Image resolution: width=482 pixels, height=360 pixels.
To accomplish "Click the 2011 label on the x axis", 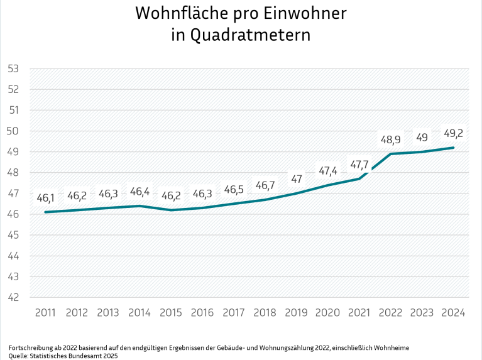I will pyautogui.click(x=45, y=312).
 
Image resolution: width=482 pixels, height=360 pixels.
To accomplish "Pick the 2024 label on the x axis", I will pyautogui.click(x=453, y=312).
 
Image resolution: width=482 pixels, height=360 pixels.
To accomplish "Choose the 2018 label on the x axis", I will pyautogui.click(x=265, y=312).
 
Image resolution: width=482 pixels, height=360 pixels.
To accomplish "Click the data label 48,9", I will pyautogui.click(x=390, y=139).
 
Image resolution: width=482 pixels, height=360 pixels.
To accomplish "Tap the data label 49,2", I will pyautogui.click(x=453, y=133).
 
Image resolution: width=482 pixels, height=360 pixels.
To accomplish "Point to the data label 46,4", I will pyautogui.click(x=140, y=191).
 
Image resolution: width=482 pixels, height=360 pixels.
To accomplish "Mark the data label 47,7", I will pyautogui.click(x=359, y=164).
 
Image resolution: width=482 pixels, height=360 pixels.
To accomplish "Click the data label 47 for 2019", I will pyautogui.click(x=296, y=178).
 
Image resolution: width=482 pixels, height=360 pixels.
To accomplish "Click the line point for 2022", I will pyautogui.click(x=390, y=154).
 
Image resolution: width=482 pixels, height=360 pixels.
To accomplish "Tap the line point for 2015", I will pyautogui.click(x=171, y=210).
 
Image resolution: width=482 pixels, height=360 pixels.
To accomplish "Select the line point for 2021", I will pyautogui.click(x=359, y=178).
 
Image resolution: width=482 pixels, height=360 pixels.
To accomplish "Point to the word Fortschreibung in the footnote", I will pyautogui.click(x=28, y=347).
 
